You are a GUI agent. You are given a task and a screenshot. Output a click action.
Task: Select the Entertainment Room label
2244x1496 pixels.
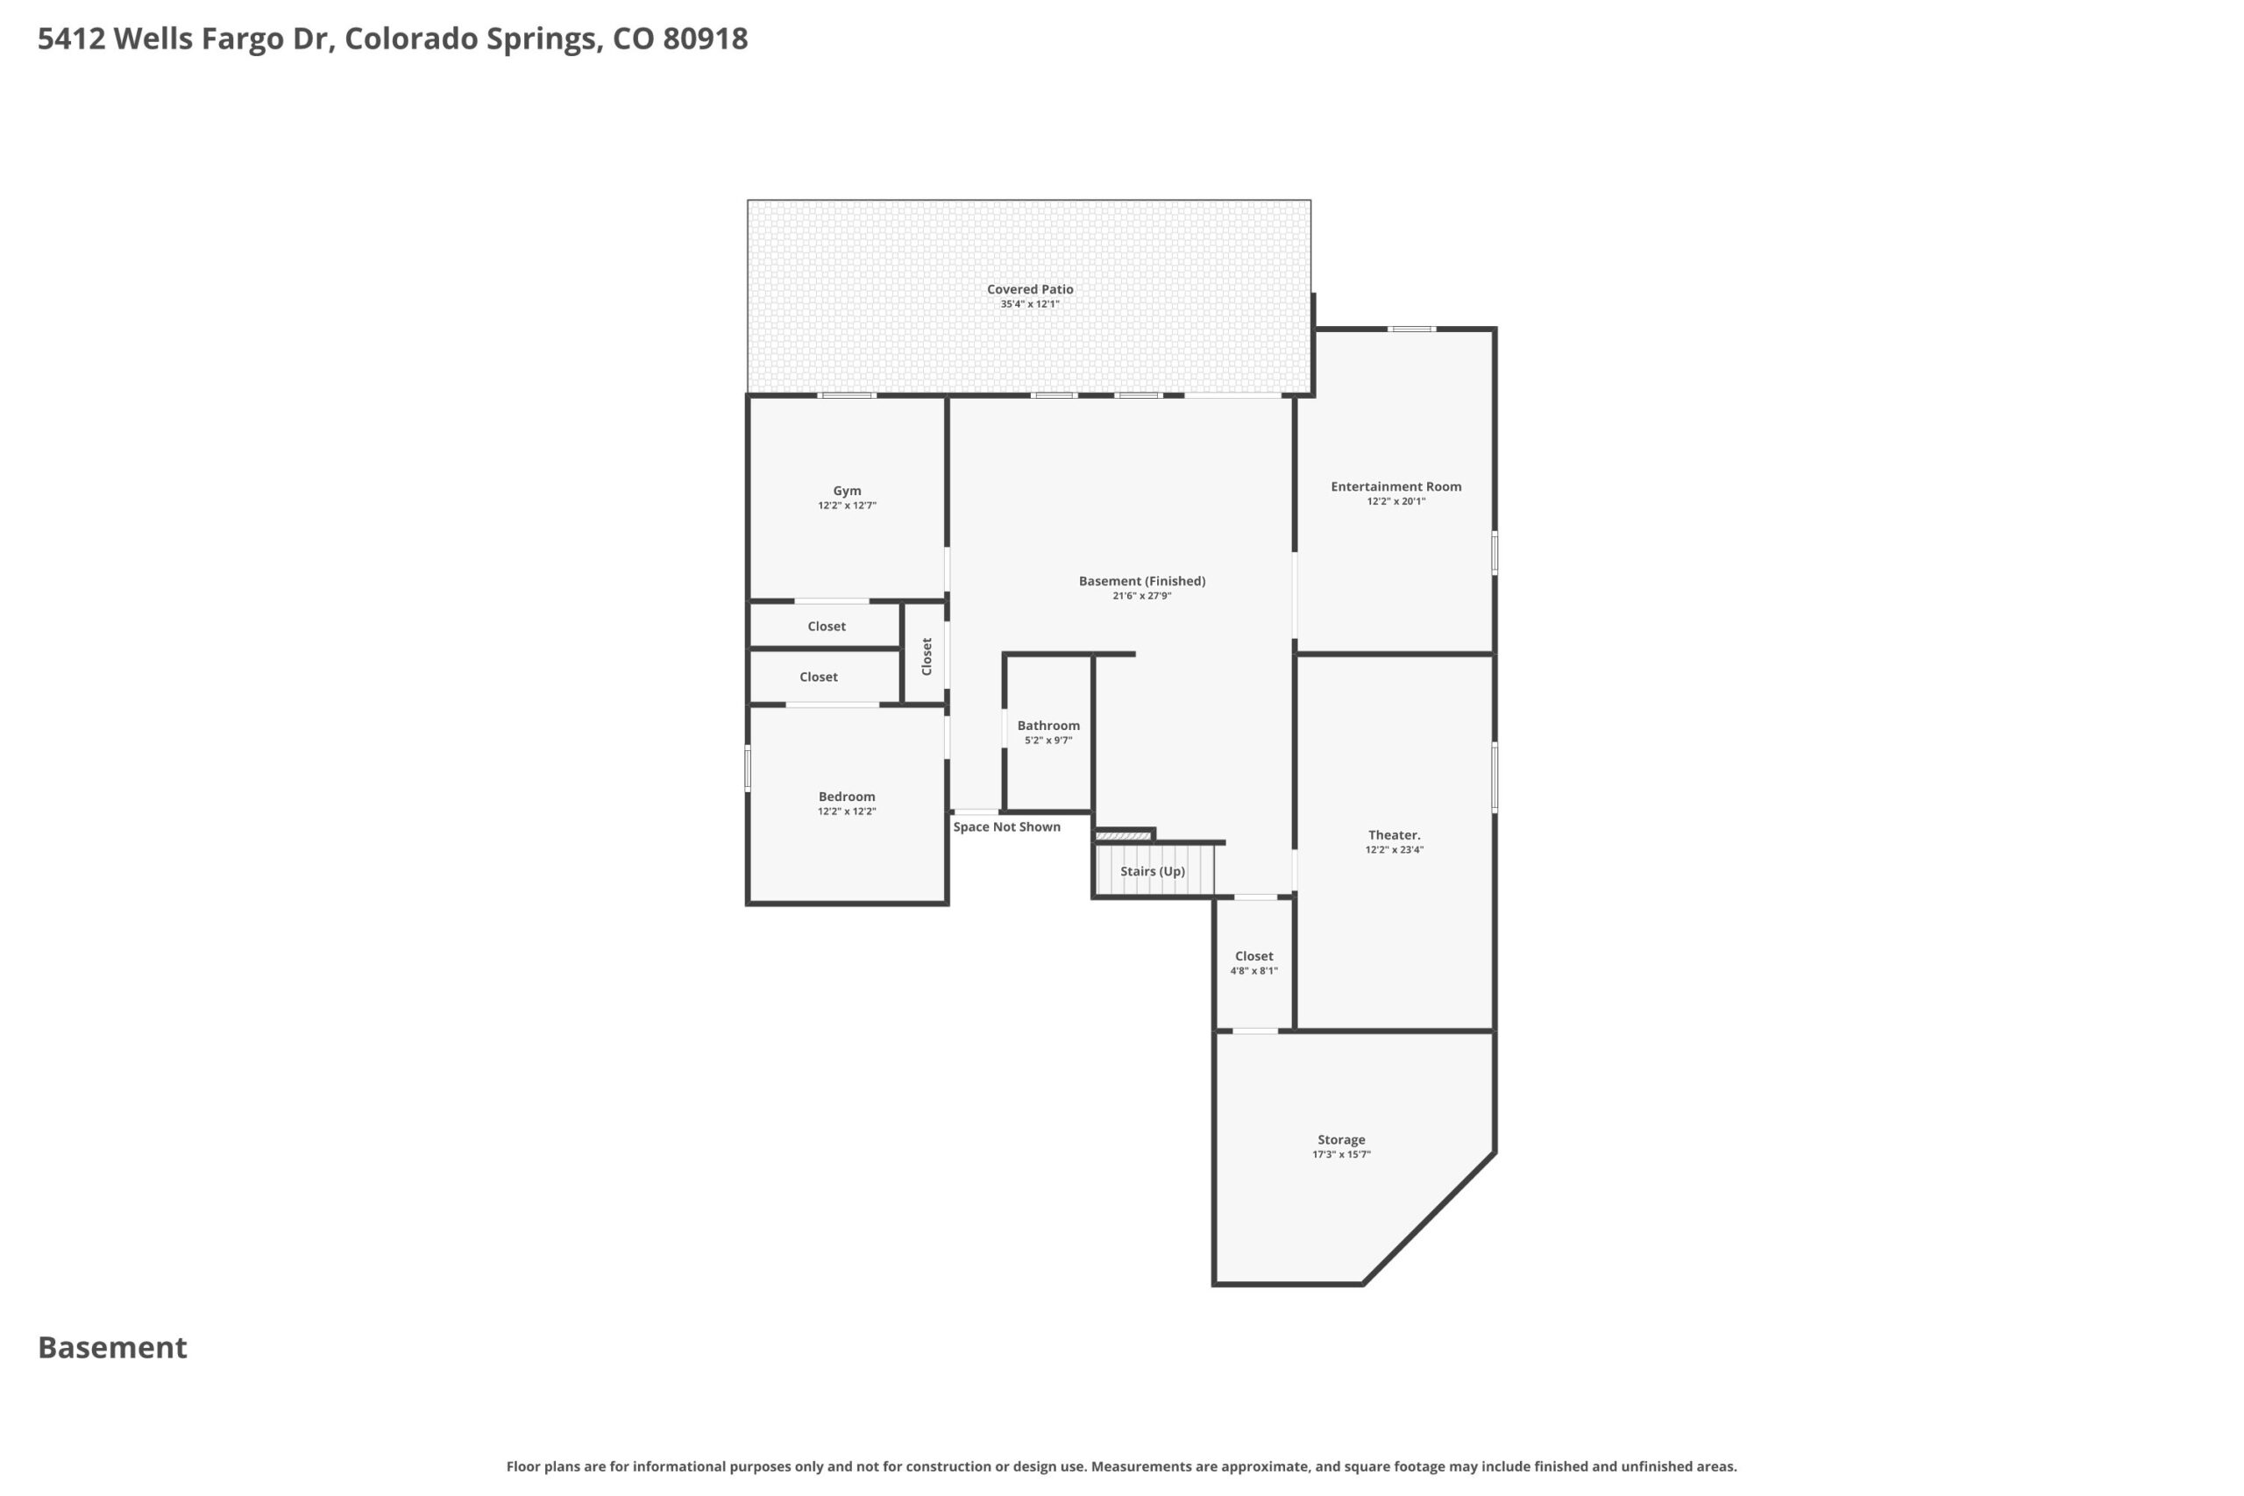click(x=1395, y=486)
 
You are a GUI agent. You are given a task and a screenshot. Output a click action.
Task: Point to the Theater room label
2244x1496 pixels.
click(x=1394, y=835)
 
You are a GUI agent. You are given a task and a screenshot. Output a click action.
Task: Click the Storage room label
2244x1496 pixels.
click(x=1340, y=1139)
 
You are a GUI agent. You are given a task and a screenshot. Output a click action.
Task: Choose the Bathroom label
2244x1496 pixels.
click(x=1047, y=725)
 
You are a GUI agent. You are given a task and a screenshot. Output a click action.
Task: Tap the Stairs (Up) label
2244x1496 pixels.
click(x=1153, y=871)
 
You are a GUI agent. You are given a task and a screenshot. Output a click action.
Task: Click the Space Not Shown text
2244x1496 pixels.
click(x=1006, y=826)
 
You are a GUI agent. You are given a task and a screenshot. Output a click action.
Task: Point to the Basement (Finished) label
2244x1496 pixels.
click(x=1142, y=581)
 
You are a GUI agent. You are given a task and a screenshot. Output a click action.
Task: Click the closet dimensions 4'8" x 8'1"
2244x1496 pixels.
click(x=1253, y=971)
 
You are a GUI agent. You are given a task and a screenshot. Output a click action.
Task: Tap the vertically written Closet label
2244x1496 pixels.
click(x=927, y=656)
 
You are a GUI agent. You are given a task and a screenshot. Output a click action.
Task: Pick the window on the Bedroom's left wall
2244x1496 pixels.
click(x=748, y=768)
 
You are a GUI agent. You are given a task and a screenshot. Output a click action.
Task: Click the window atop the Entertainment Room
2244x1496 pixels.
click(x=1411, y=330)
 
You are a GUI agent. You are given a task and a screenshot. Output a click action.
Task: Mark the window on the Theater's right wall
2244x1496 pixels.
click(x=1494, y=777)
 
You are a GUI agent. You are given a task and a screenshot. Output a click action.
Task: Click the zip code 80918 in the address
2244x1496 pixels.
click(x=705, y=39)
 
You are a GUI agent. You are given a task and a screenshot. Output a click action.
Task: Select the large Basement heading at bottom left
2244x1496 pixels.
click(x=112, y=1347)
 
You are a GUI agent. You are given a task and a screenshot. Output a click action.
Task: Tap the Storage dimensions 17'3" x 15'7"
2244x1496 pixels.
click(x=1340, y=1154)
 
